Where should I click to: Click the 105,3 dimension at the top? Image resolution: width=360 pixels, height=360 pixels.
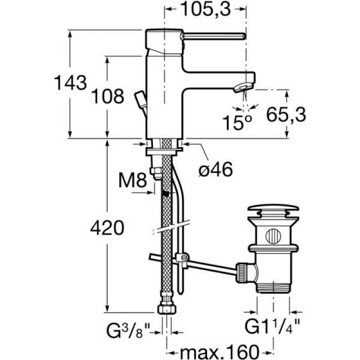pyautogui.click(x=205, y=10)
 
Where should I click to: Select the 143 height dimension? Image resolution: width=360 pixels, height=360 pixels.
pyautogui.click(x=70, y=83)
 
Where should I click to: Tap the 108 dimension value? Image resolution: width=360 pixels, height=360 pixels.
pyautogui.click(x=107, y=96)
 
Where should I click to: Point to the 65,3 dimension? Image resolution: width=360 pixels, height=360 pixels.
pyautogui.click(x=286, y=115)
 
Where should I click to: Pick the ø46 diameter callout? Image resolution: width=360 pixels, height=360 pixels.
pyautogui.click(x=215, y=170)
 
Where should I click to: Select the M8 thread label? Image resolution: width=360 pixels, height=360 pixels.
pyautogui.click(x=133, y=180)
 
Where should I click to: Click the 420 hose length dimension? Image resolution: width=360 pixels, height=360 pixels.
pyautogui.click(x=107, y=227)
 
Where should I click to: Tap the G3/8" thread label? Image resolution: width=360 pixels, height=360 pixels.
pyautogui.click(x=128, y=331)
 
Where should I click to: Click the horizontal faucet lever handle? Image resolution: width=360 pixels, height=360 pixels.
pyautogui.click(x=213, y=36)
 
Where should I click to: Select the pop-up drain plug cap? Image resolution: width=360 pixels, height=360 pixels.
pyautogui.click(x=273, y=209)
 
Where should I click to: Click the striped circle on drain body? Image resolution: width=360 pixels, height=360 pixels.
pyautogui.click(x=273, y=236)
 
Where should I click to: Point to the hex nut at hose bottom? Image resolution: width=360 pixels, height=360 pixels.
pyautogui.click(x=167, y=310)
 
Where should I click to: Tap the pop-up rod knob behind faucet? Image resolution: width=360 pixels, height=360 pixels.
pyautogui.click(x=141, y=99)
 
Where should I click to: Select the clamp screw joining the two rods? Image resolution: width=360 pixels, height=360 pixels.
pyautogui.click(x=184, y=257)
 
